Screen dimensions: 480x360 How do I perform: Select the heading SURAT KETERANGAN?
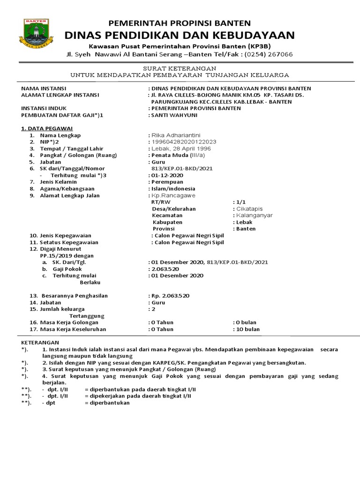click(180, 68)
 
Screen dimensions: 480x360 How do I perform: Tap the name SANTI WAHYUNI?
click(174, 115)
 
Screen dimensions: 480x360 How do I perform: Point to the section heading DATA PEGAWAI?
click(47, 128)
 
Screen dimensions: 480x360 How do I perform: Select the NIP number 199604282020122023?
click(184, 142)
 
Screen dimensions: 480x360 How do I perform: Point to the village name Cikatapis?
click(249, 209)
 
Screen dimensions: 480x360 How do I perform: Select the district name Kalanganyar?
click(254, 215)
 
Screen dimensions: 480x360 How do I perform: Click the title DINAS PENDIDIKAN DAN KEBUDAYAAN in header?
click(180, 35)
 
